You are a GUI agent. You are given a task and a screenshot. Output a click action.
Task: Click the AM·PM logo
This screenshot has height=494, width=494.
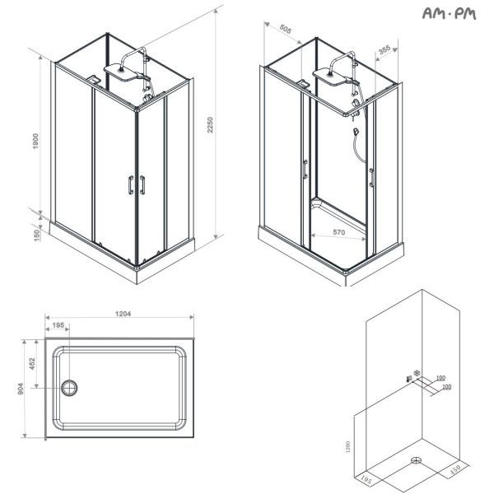click(x=449, y=13)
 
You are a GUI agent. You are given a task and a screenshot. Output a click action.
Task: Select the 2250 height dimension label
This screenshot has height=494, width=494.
click(x=210, y=125)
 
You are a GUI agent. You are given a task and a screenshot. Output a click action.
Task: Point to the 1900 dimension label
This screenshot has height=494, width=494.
click(x=35, y=141)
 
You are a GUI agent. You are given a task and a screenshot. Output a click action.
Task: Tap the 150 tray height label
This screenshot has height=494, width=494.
click(x=37, y=235)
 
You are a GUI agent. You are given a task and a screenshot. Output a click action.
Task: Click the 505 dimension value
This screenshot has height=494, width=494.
click(x=286, y=30)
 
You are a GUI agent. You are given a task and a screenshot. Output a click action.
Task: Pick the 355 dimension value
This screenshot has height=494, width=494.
click(x=384, y=49)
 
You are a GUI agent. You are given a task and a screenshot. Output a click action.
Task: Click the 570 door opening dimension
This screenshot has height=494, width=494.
click(x=339, y=232)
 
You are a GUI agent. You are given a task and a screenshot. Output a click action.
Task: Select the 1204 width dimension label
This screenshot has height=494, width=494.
click(x=123, y=314)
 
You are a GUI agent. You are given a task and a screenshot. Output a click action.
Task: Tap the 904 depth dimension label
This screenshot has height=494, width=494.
click(x=21, y=389)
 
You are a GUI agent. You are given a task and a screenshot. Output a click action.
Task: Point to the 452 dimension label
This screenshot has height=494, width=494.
click(x=32, y=364)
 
